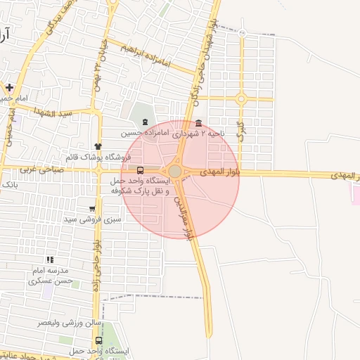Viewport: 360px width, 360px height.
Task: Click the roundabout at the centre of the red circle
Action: coord(174,171)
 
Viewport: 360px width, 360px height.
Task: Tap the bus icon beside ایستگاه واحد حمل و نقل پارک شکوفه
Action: coord(140,170)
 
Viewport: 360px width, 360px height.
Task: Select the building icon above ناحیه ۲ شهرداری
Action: coord(198,122)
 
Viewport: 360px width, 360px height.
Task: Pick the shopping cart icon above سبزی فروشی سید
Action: coord(92,208)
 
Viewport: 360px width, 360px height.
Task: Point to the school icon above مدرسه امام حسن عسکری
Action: coord(49,260)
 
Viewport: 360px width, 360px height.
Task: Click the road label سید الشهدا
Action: coord(57,113)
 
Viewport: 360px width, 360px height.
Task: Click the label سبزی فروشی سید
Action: coord(92,219)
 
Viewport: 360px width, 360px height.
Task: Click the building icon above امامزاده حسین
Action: coord(145,122)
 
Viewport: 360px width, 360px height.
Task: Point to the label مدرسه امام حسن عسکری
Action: coord(50,276)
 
